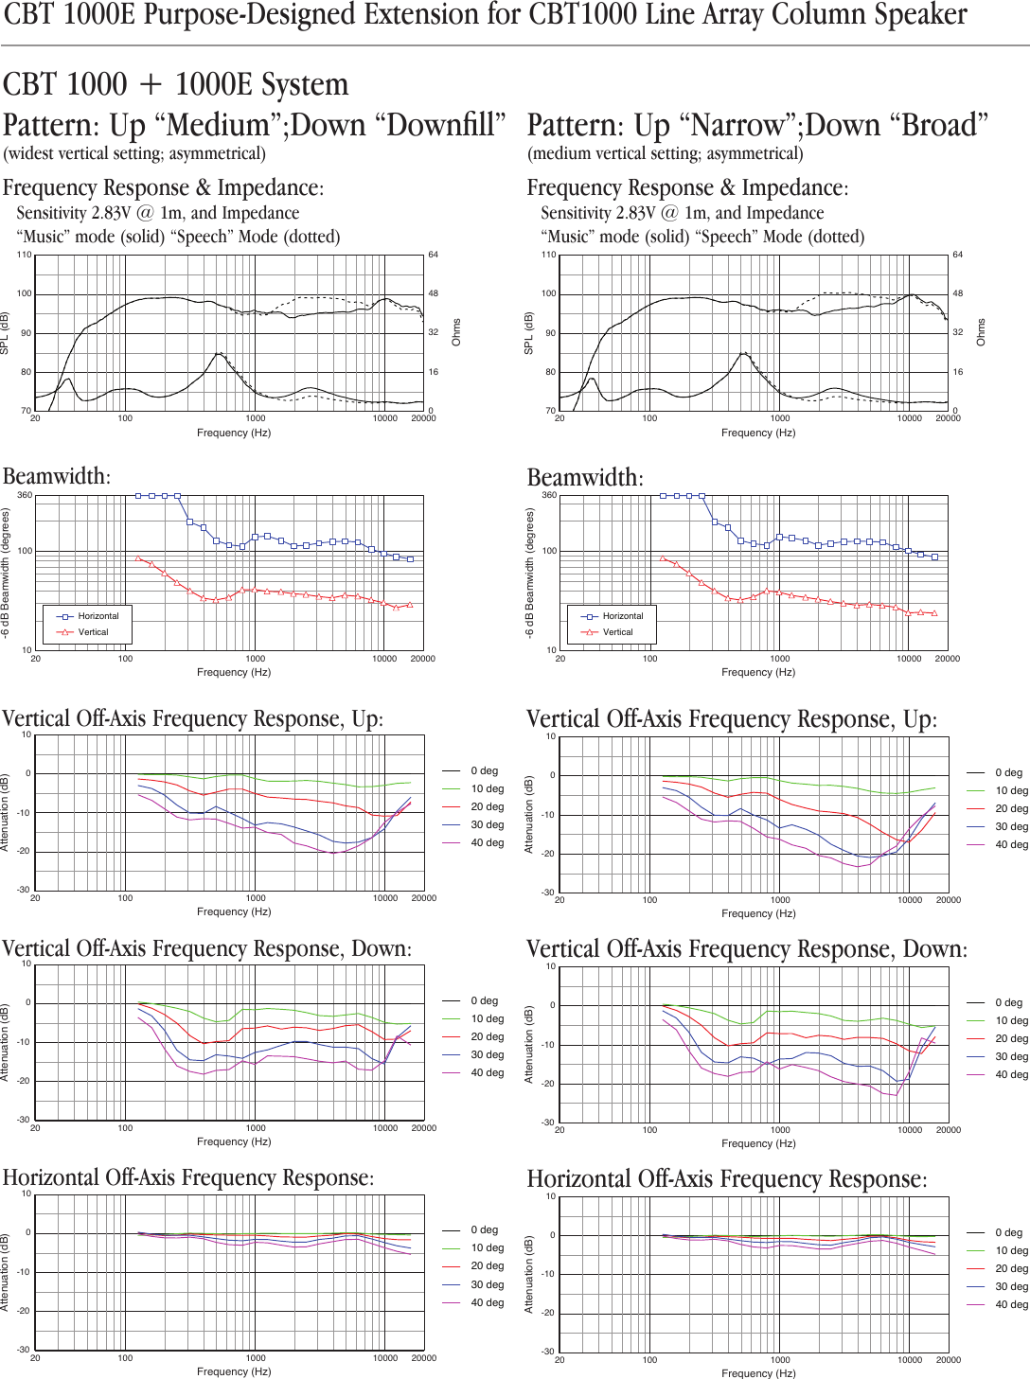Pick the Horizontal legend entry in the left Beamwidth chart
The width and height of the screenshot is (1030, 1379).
[x=98, y=616]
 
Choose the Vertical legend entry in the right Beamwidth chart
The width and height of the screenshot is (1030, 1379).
[x=617, y=632]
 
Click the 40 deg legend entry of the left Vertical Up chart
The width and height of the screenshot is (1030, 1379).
[x=488, y=843]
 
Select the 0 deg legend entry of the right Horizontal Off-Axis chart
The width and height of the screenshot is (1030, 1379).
[x=1008, y=1232]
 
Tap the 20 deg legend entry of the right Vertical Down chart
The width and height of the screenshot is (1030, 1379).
[x=1011, y=1038]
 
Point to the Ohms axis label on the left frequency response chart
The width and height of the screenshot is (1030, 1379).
[x=456, y=332]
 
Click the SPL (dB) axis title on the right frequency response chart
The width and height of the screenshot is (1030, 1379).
[x=528, y=333]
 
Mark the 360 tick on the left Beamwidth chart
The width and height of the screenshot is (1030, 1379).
[x=25, y=495]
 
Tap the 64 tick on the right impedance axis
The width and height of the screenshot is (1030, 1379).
[x=958, y=255]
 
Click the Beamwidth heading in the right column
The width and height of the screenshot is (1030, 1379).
[x=584, y=478]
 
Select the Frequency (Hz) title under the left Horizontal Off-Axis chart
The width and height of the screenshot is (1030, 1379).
[x=234, y=1371]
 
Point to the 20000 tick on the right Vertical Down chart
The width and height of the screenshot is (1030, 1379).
[x=948, y=1129]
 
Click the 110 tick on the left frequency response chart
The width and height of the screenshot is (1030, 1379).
[x=24, y=255]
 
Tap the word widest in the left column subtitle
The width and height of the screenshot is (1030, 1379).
[x=34, y=154]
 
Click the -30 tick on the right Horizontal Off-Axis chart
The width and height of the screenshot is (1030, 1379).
[x=547, y=1352]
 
